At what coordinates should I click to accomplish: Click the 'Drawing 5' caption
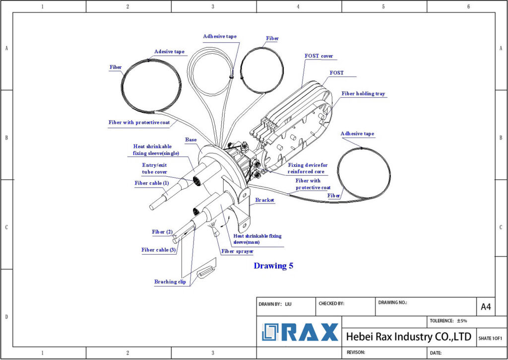pyautogui.click(x=273, y=266)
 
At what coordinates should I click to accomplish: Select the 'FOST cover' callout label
pyautogui.click(x=318, y=56)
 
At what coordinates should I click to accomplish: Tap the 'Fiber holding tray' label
pyautogui.click(x=363, y=93)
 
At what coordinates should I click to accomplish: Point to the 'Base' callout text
pyautogui.click(x=191, y=140)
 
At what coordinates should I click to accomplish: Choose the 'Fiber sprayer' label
pyautogui.click(x=237, y=251)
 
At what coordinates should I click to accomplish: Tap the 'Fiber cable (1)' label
pyautogui.click(x=152, y=183)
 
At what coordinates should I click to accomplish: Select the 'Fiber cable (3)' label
pyautogui.click(x=159, y=250)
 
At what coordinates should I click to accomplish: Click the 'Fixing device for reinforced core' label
pyautogui.click(x=308, y=168)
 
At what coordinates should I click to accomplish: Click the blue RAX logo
pyautogui.click(x=301, y=332)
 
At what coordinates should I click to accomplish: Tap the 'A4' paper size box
pyautogui.click(x=486, y=307)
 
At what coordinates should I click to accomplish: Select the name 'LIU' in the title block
pyautogui.click(x=288, y=303)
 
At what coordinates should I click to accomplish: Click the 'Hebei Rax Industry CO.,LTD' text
pyautogui.click(x=408, y=337)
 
